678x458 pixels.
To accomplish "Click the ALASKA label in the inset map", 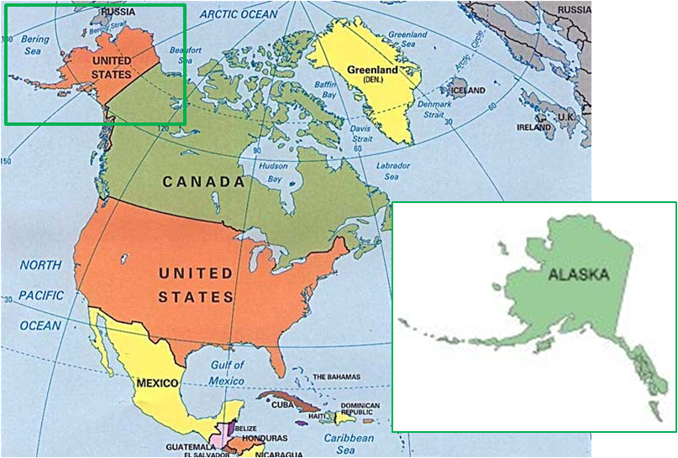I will pos(577,273).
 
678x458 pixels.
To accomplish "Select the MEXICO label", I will pos(156,383).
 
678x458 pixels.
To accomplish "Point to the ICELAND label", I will pos(468,90).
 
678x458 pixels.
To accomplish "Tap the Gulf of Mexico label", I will pos(227,373).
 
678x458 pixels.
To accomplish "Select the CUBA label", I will pos(281,404).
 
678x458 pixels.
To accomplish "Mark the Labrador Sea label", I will pos(392,170).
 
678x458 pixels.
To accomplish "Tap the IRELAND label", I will pos(534,128).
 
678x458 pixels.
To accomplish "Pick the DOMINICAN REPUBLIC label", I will pos(360,410).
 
